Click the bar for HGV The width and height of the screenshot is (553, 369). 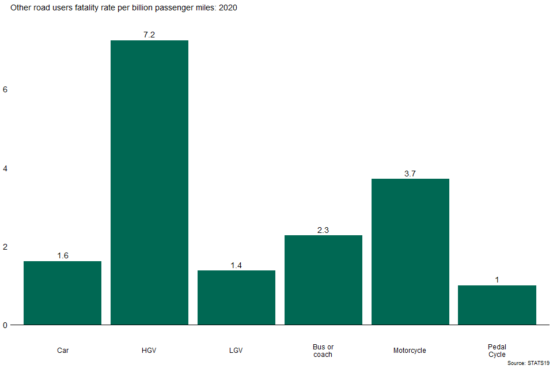[149, 182]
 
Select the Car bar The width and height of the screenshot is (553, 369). [62, 293]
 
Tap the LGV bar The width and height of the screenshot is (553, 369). [236, 298]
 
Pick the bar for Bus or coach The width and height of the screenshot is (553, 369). [323, 280]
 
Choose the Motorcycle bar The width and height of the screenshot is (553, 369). [410, 251]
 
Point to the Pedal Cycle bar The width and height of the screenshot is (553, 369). [497, 305]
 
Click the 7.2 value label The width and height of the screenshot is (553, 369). [149, 35]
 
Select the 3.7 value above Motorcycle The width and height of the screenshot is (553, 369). [410, 173]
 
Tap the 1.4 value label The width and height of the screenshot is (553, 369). [236, 265]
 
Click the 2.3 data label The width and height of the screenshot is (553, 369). [323, 229]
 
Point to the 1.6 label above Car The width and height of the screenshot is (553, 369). [62, 255]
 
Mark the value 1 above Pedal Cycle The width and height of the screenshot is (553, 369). [497, 280]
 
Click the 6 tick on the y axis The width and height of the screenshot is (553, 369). [5, 90]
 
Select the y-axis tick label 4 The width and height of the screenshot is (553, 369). [5, 168]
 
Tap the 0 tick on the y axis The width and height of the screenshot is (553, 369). [5, 325]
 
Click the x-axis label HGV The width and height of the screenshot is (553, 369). [149, 350]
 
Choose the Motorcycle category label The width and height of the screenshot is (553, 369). [410, 350]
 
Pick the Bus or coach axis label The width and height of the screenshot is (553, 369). [323, 351]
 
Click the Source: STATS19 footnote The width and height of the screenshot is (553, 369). [528, 363]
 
